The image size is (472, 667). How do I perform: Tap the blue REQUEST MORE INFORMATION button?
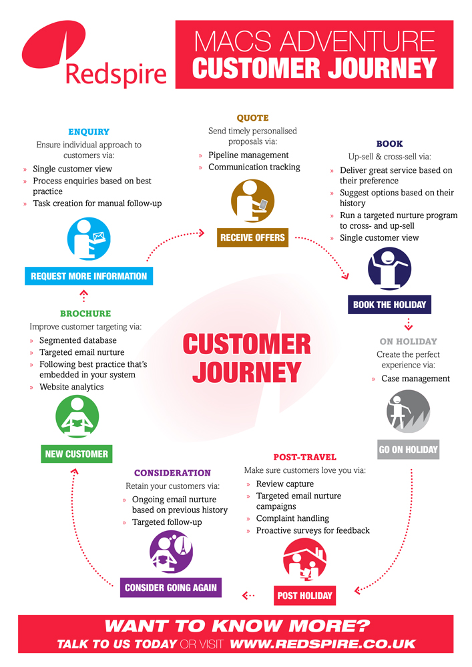click(x=89, y=275)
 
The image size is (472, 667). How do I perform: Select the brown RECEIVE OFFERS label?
click(x=253, y=237)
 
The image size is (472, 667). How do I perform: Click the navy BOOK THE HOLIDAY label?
click(x=390, y=305)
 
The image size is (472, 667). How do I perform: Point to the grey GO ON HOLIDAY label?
click(x=408, y=450)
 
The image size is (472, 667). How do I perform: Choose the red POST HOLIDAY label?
click(x=304, y=595)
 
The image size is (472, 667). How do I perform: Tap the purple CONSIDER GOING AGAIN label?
click(x=170, y=588)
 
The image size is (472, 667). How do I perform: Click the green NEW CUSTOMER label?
click(x=76, y=454)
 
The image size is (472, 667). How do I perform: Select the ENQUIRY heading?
click(x=89, y=132)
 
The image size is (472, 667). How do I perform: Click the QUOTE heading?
click(x=252, y=118)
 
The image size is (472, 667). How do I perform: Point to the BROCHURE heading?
click(x=85, y=313)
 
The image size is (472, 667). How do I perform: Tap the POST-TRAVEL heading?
click(x=304, y=458)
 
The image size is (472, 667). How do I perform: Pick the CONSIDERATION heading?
click(x=172, y=473)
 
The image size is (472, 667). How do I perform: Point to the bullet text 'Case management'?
click(x=415, y=379)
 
